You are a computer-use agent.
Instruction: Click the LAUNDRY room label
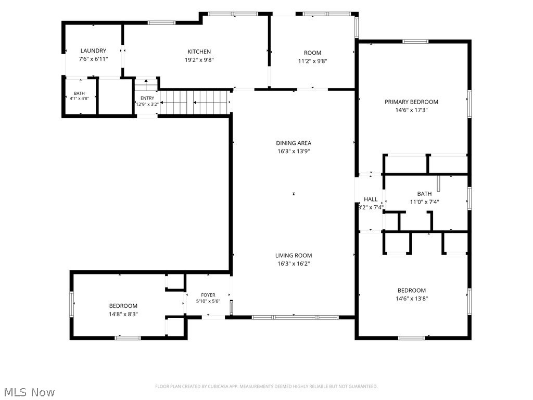coord(93,51)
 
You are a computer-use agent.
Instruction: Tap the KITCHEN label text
coord(199,52)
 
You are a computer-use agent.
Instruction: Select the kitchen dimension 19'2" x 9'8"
coord(199,60)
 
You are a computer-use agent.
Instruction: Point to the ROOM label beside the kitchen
coord(312,53)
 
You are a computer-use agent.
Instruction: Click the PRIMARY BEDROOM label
coord(411,102)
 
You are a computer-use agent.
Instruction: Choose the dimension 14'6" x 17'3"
coord(411,110)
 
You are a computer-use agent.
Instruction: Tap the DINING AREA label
coord(294,143)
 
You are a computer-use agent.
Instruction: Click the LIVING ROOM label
coord(294,255)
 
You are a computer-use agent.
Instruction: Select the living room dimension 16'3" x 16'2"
coord(294,264)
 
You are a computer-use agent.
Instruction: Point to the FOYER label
coord(208,295)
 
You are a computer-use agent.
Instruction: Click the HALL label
coord(371,199)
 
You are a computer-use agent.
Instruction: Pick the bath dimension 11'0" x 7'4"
coord(424,202)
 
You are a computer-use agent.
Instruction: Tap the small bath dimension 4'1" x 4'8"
coord(79,98)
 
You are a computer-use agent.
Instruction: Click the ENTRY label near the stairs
coord(147,98)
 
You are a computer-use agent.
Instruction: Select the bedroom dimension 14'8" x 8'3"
coord(123,314)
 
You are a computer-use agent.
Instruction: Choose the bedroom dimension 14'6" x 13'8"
coord(412,298)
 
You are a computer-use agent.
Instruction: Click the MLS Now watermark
coord(29,392)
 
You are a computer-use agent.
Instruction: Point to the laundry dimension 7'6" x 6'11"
coord(94,59)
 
